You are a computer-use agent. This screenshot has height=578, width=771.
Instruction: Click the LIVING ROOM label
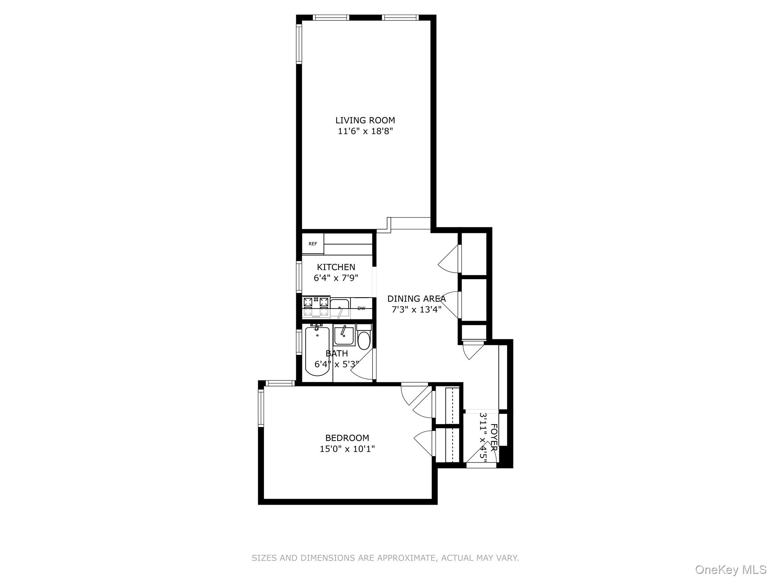click(x=365, y=120)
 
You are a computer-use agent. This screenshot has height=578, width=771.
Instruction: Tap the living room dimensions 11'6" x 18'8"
click(x=365, y=131)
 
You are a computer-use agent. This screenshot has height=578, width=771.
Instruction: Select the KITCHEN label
click(x=336, y=267)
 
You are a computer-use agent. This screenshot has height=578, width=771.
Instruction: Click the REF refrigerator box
click(x=313, y=244)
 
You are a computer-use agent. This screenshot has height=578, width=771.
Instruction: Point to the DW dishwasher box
click(x=361, y=309)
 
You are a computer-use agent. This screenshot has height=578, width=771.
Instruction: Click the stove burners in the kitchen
click(x=316, y=307)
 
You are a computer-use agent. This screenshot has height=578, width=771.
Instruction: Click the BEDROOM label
click(x=347, y=438)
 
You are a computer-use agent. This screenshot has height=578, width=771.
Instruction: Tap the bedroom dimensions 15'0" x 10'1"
click(x=347, y=449)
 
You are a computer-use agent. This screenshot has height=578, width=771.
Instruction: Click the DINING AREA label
click(x=416, y=299)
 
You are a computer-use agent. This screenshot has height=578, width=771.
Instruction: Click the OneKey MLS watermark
click(x=730, y=569)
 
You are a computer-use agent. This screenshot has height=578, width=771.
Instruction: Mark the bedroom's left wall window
click(x=261, y=408)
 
